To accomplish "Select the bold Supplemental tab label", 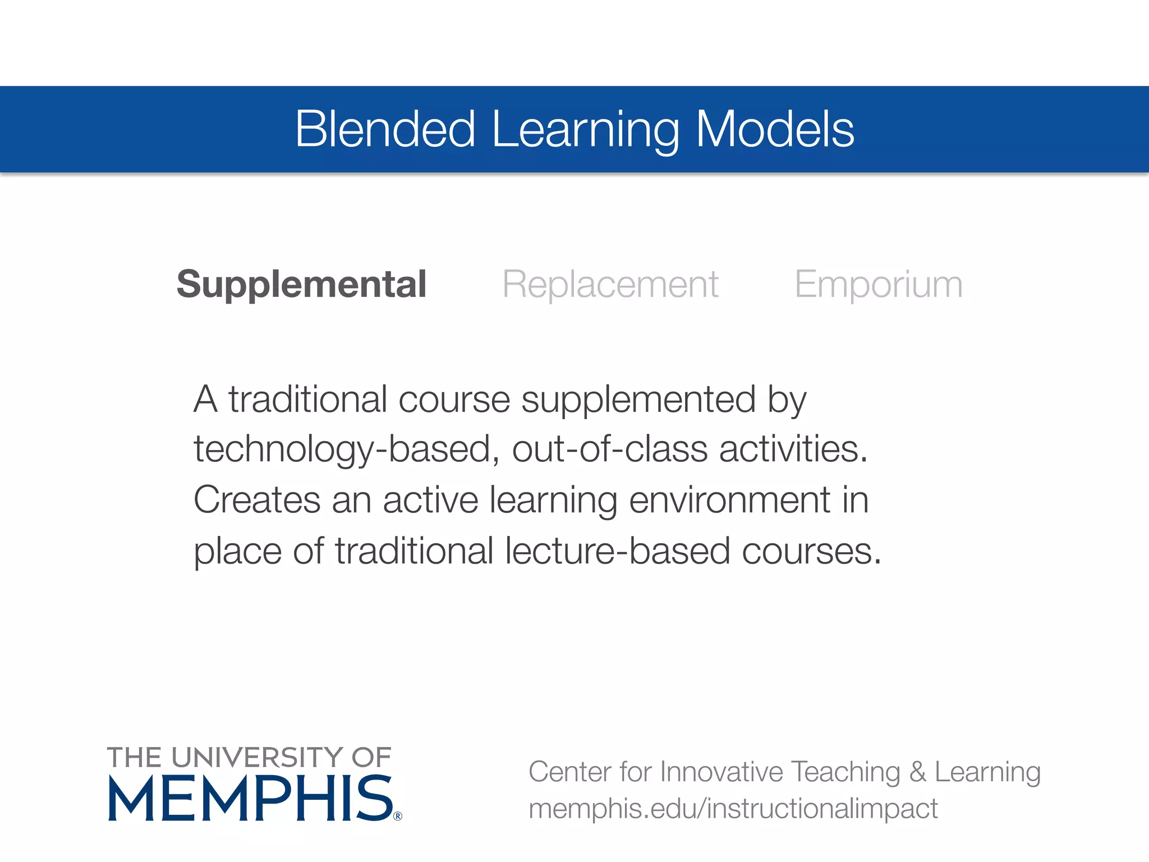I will [301, 284].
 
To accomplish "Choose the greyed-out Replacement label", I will [610, 284].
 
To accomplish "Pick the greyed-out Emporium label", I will [879, 284].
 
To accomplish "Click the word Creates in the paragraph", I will [257, 499].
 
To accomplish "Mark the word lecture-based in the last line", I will [617, 551].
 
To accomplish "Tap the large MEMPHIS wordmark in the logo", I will [250, 799].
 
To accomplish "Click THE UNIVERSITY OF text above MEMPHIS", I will [249, 758].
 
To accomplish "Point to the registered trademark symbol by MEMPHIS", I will [398, 817].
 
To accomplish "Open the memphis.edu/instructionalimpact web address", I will [733, 809].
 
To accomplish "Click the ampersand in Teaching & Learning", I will [918, 772].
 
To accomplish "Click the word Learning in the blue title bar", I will [585, 130].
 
